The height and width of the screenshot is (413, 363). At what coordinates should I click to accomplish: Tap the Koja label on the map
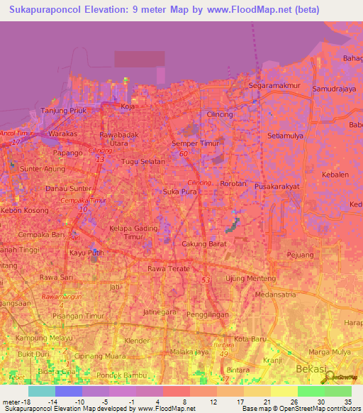pyautogui.click(x=128, y=106)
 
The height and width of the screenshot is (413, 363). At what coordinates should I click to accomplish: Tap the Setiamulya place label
pyautogui.click(x=284, y=135)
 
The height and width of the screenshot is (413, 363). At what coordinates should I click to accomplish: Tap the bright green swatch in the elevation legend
pyautogui.click(x=311, y=391)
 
